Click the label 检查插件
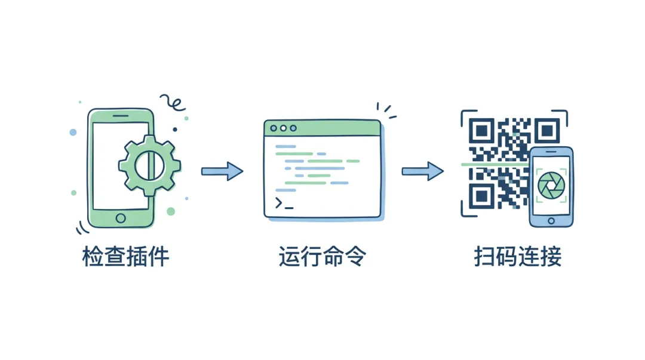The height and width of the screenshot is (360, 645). tap(126, 257)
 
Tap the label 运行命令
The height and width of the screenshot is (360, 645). tap(322, 257)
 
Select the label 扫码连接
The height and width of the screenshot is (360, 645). tap(518, 257)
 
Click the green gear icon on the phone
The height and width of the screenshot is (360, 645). tap(146, 165)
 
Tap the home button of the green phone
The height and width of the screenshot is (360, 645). tap(121, 218)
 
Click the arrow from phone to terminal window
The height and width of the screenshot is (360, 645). tap(222, 171)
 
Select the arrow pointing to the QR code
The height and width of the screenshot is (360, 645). tap(422, 171)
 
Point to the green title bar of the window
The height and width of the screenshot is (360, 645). tap(322, 128)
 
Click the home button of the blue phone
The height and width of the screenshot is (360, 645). tap(551, 221)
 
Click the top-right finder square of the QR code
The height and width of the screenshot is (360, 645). tap(546, 130)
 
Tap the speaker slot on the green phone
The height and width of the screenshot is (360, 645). tap(121, 116)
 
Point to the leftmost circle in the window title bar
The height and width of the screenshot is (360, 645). tap(274, 128)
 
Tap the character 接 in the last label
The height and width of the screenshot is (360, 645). tap(551, 257)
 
